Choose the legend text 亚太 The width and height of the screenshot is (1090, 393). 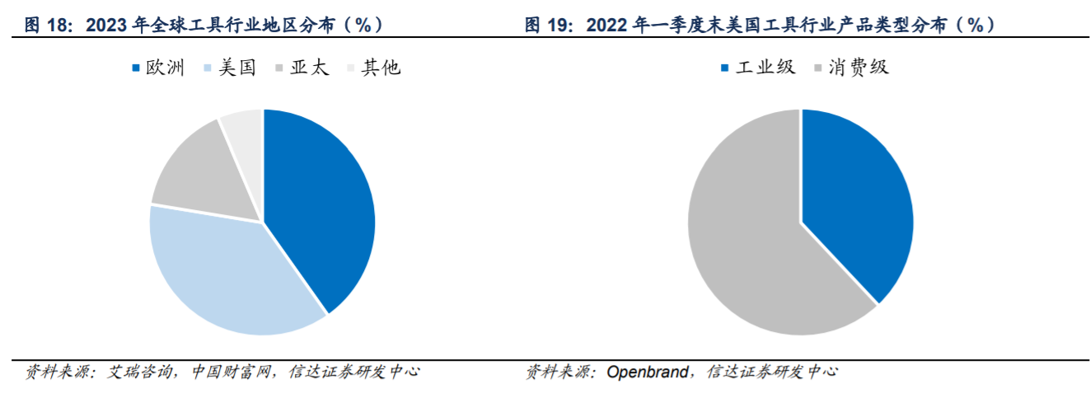tap(309, 68)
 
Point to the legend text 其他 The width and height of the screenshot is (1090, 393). tap(381, 68)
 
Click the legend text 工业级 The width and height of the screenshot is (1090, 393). tap(765, 68)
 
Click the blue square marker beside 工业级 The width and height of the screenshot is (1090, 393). tap(725, 68)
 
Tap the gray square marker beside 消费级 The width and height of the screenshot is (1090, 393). tap(819, 68)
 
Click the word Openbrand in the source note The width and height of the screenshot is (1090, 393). tap(647, 372)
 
